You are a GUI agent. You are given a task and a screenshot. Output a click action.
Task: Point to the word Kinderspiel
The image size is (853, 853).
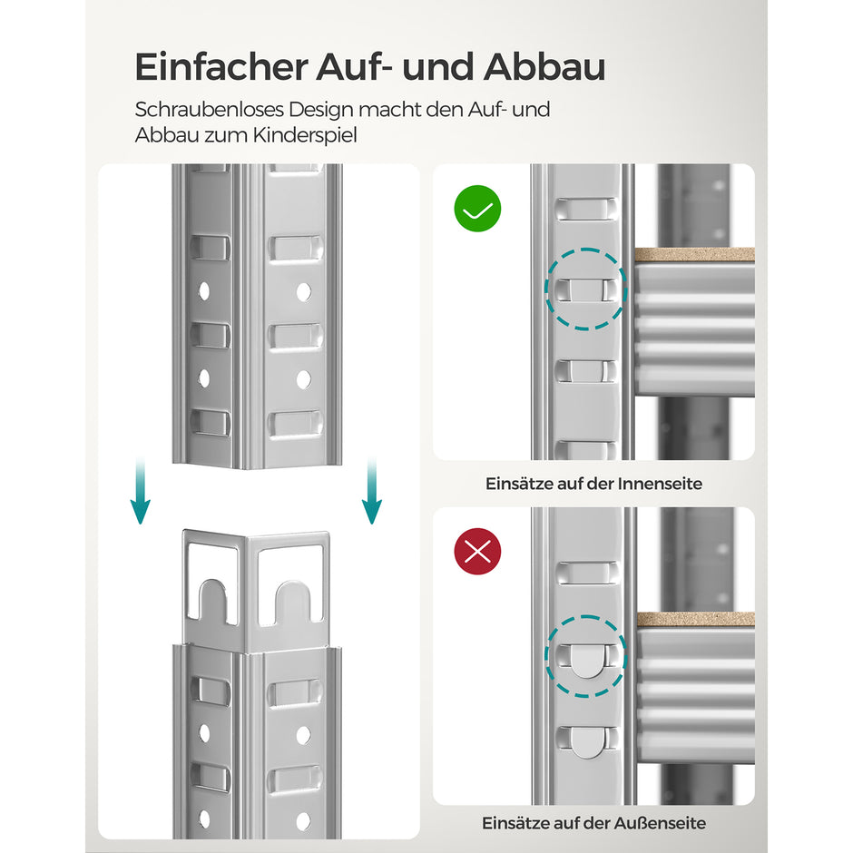[311, 135]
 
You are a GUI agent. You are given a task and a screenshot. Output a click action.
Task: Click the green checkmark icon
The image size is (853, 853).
[477, 209]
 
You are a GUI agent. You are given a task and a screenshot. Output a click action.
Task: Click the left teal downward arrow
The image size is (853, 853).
[139, 491]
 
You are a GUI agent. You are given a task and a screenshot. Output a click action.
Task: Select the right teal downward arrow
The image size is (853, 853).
[371, 491]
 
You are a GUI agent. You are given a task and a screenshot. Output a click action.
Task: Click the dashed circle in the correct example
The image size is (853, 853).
[585, 289]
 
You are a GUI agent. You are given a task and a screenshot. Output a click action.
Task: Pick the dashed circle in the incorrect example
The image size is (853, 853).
[585, 656]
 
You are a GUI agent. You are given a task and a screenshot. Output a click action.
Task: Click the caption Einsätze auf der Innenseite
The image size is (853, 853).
[593, 484]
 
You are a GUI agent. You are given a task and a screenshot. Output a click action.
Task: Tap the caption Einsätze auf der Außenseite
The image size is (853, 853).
[593, 824]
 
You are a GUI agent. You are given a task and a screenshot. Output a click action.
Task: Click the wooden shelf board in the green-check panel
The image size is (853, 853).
[693, 256]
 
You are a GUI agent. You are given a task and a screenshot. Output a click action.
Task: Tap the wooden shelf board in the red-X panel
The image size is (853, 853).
[693, 619]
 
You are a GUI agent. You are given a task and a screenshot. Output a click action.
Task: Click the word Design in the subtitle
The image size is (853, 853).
[322, 111]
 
